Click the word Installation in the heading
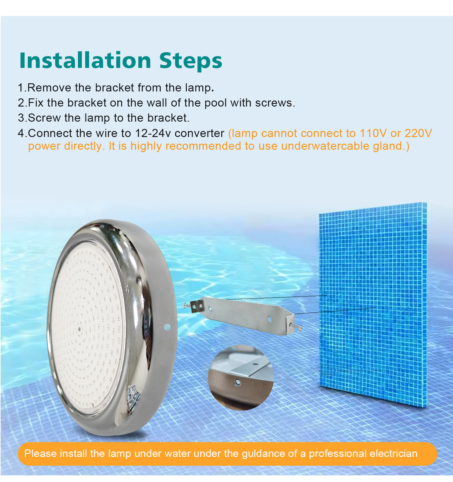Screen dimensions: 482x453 [85, 61]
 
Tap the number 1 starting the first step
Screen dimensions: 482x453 [21, 88]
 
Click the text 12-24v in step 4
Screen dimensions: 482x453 [153, 133]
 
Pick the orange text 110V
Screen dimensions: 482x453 [373, 133]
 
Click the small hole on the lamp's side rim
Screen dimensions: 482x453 [167, 327]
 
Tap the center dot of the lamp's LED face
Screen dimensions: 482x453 [79, 329]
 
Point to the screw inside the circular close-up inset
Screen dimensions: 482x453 [237, 383]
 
